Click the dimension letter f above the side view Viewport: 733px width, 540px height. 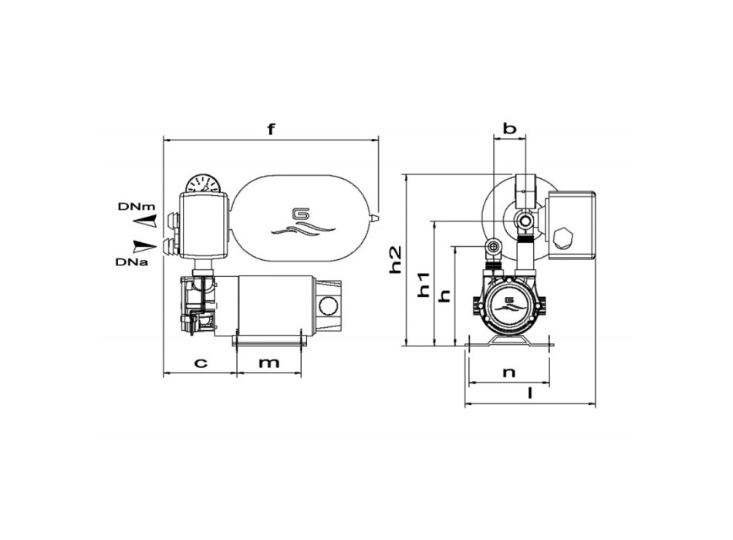271,129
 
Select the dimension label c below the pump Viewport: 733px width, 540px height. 199,363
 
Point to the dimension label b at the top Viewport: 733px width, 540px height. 509,128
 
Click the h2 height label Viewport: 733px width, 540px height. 395,259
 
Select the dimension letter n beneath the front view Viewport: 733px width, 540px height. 508,372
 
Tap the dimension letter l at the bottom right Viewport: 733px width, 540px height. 529,393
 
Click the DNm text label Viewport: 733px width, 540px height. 137,208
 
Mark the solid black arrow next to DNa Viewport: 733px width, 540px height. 143,246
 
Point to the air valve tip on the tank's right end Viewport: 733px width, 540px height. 376,219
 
